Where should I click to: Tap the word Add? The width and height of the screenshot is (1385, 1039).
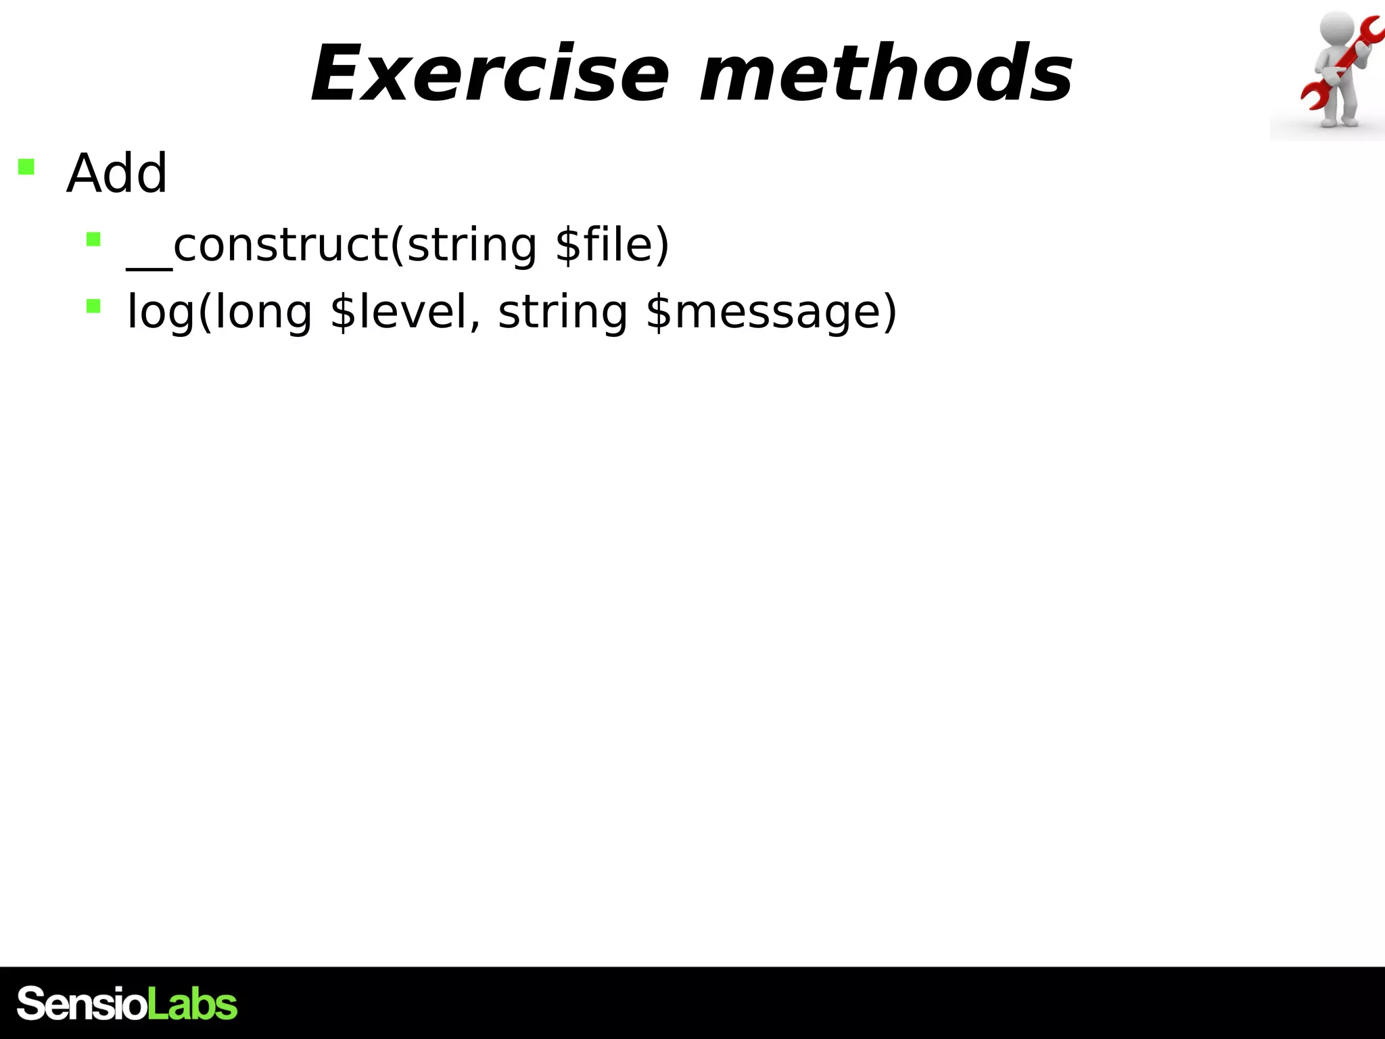click(116, 174)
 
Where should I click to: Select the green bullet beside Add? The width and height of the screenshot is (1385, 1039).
click(26, 166)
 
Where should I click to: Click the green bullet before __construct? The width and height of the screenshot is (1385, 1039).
click(93, 239)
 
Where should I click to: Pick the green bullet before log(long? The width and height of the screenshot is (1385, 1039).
click(93, 307)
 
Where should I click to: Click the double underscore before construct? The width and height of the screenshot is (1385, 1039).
click(149, 267)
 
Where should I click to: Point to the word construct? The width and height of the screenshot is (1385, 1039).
click(281, 245)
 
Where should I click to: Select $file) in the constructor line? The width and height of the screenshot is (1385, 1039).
click(611, 245)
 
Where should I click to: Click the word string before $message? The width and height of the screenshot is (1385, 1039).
click(563, 313)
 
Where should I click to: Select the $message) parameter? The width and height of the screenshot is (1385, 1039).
click(771, 313)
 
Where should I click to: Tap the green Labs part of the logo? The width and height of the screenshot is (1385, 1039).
click(192, 1004)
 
